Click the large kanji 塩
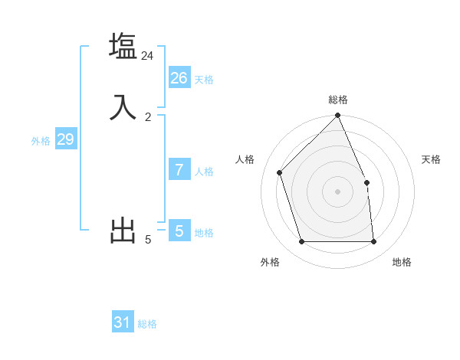(123, 46)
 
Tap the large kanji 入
(123, 107)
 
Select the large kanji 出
(123, 231)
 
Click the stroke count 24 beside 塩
(147, 56)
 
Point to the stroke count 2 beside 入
(148, 117)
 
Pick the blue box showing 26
(179, 77)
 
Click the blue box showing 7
(179, 170)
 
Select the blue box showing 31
(122, 322)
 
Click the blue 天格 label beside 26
(204, 80)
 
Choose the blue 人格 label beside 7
(204, 172)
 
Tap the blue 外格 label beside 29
(41, 141)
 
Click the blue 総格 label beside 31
(147, 325)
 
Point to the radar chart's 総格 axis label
(338, 100)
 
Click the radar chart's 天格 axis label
(431, 159)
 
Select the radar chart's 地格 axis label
(402, 262)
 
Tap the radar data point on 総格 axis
(338, 116)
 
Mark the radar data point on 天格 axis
(366, 182)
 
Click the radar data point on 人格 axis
(280, 172)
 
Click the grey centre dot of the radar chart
(338, 191)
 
